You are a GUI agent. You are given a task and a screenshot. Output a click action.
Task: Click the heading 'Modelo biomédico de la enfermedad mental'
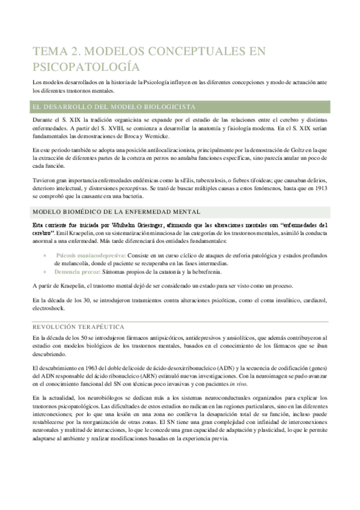pyautogui.click(x=121, y=210)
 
